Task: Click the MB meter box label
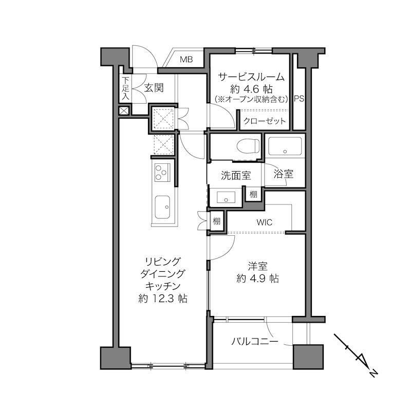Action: pos(186,60)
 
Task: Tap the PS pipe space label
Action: pos(299,99)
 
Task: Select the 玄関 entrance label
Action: pos(154,88)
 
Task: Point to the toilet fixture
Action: pos(248,145)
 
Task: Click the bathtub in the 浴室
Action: pos(285,146)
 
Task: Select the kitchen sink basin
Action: pos(162,207)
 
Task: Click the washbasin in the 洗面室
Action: pos(226,197)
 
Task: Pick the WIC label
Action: pos(265,222)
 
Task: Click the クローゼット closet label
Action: pos(264,121)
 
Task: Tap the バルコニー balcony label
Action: pos(254,342)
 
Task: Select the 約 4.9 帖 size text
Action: pos(257,278)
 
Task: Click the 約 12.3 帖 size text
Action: pos(163,298)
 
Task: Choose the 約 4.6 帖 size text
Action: pos(251,89)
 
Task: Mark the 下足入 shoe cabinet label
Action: pos(126,88)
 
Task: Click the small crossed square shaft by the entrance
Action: pos(124,110)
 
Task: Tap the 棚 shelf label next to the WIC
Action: pos(216,221)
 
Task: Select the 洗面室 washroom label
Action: pos(236,175)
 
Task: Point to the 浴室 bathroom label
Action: pos(284,174)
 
